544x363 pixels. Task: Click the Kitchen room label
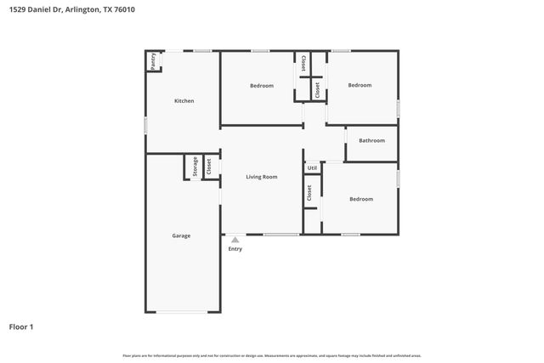click(x=184, y=101)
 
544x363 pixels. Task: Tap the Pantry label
click(x=153, y=60)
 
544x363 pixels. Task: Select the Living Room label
click(x=262, y=177)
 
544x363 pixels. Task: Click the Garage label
click(x=181, y=235)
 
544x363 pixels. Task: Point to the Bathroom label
click(x=371, y=140)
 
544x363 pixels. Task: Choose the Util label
click(x=312, y=168)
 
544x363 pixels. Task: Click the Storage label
click(x=195, y=166)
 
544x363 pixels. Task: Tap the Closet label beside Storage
click(x=208, y=166)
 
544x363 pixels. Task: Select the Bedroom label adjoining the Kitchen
click(x=262, y=86)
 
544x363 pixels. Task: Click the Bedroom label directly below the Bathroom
click(x=361, y=199)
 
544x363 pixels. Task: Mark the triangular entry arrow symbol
click(x=235, y=240)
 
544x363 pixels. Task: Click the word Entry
click(x=235, y=248)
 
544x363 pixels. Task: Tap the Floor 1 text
click(x=22, y=326)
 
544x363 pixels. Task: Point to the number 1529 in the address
click(x=18, y=9)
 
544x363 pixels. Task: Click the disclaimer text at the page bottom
click(x=272, y=355)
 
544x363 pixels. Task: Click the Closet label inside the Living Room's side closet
click(x=309, y=193)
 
